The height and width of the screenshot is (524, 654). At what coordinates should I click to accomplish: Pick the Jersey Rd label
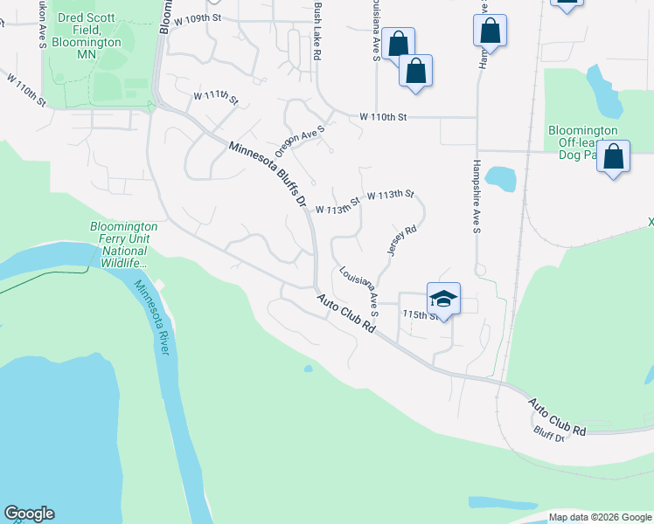coord(400,240)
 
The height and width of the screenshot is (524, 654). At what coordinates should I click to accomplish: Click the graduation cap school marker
coord(443,298)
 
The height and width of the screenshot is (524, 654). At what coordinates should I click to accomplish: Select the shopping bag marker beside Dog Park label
coord(615,158)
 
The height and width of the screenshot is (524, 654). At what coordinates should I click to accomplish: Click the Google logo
coord(29,514)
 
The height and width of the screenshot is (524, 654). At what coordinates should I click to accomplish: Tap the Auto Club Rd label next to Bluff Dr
coord(557,417)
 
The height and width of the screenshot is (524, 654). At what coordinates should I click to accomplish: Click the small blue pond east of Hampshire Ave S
coord(500,178)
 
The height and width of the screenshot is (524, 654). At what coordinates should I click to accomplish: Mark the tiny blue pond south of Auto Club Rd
coord(308,369)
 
